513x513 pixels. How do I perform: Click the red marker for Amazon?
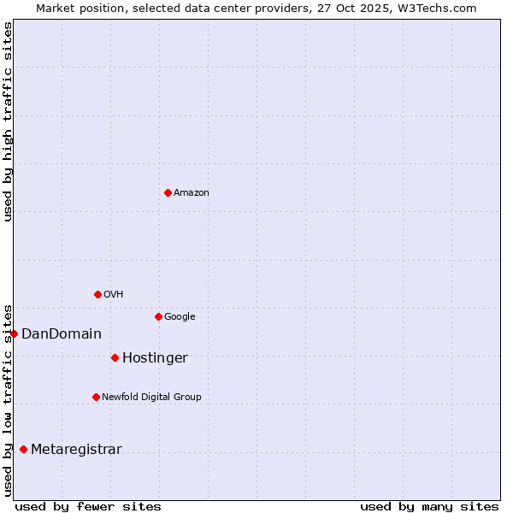pos(168,192)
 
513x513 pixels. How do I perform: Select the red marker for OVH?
pos(97,294)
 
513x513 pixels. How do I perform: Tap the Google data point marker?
pos(158,316)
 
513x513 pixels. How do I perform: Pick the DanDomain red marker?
pos(14,333)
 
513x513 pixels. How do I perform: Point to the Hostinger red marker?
pos(115,357)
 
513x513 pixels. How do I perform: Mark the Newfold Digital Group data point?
pos(96,397)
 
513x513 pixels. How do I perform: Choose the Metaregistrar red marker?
pos(23,449)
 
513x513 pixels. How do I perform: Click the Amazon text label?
pos(192,192)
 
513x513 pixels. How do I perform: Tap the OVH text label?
pos(114,294)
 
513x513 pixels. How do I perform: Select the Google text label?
pos(180,316)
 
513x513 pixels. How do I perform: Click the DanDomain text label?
pos(62,333)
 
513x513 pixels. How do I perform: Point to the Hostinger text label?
pos(155,357)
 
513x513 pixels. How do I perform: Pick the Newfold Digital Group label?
pos(151,397)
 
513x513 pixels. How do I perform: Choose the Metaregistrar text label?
pos(76,449)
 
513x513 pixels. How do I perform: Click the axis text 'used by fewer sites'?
pos(88,506)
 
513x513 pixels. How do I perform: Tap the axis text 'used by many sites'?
pos(429,506)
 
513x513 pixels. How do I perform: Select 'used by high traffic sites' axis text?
pos(8,121)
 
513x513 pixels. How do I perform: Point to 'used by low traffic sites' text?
pos(8,399)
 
